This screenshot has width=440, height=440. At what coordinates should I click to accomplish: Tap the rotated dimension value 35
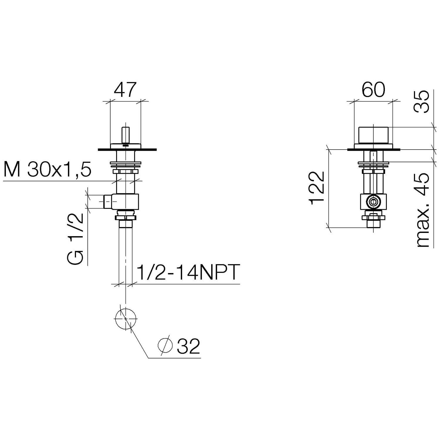pyautogui.click(x=422, y=101)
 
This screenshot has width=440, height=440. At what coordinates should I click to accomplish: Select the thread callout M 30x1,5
pyautogui.click(x=48, y=170)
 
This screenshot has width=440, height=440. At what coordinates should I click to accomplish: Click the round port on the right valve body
pyautogui.click(x=373, y=202)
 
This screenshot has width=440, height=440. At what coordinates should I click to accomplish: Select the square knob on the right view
pyautogui.click(x=373, y=135)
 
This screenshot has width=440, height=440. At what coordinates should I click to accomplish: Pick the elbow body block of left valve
pyautogui.click(x=126, y=202)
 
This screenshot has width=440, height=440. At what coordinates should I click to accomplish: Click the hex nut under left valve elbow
pyautogui.click(x=126, y=217)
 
